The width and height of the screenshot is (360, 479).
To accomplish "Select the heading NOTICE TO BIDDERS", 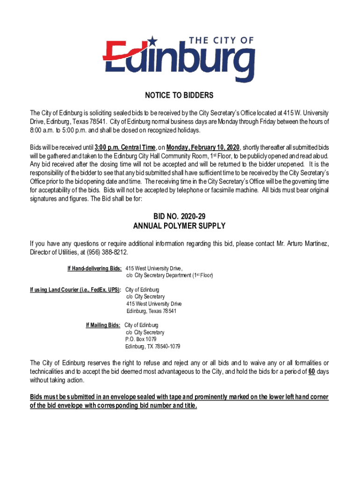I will (180, 96).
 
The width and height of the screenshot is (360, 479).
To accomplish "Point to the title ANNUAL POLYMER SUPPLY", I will (180, 226).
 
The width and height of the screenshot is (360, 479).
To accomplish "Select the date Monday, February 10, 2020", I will (202, 147).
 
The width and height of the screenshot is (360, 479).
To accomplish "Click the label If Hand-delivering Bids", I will (95, 269).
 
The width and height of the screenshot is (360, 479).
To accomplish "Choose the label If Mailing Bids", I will (103, 325).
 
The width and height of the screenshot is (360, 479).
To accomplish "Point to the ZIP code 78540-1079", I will (165, 347).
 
